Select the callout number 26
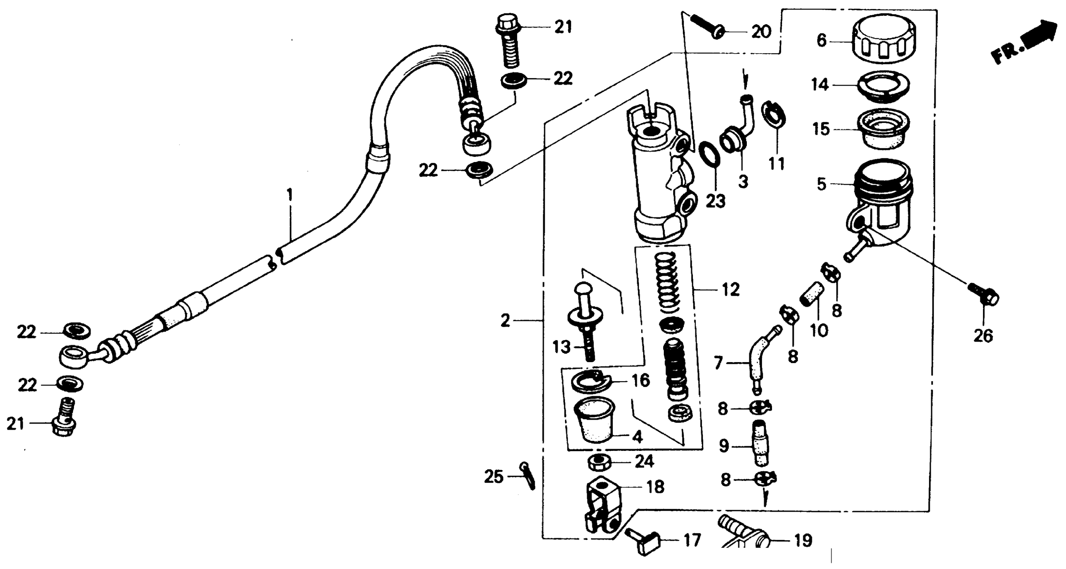tap(983, 336)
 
